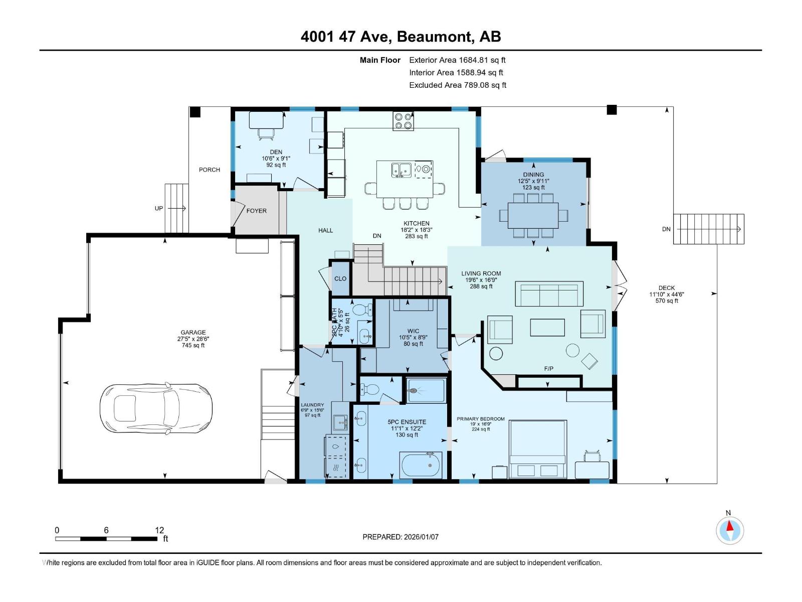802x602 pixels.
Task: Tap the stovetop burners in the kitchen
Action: (403, 120)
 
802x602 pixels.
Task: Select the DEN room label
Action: (276, 152)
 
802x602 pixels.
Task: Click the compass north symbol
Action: (730, 530)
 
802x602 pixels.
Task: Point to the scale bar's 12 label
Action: (159, 530)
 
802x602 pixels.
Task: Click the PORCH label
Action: (210, 170)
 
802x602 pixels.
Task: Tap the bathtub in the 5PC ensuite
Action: (421, 466)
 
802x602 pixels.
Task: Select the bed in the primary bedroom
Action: (538, 449)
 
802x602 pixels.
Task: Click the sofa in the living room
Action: (549, 294)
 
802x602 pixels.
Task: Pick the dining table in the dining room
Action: (533, 215)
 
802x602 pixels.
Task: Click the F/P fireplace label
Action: (549, 369)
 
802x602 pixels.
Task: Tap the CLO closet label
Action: (340, 278)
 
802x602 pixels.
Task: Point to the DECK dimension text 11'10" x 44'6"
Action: (667, 294)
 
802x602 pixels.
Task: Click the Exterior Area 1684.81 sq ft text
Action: (457, 60)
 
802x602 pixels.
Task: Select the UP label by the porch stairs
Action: (159, 208)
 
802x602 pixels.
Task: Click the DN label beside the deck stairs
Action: (666, 229)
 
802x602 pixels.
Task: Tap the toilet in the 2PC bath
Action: (360, 309)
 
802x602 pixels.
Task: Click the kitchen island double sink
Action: (401, 170)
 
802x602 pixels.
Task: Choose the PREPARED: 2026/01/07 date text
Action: (400, 537)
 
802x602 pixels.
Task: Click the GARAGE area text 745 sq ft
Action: (193, 345)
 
